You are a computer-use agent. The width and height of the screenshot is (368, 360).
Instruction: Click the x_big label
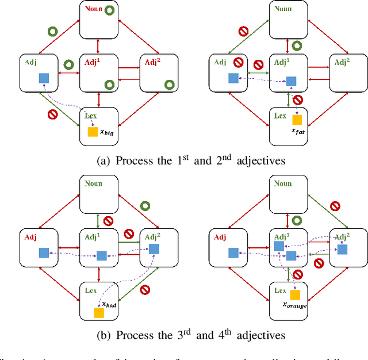click(x=106, y=132)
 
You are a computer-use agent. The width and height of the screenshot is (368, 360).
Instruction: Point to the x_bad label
click(x=109, y=305)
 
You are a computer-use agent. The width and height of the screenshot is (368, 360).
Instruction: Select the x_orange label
click(x=294, y=306)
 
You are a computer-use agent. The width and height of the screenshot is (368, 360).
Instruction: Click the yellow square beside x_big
click(x=92, y=132)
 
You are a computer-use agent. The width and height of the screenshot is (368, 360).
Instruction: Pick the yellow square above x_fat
click(x=297, y=120)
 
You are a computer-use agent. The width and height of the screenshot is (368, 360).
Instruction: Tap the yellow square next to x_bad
click(x=99, y=313)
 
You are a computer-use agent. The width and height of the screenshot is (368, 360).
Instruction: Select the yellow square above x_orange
click(x=295, y=295)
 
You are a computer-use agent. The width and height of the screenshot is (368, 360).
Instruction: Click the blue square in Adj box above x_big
click(x=43, y=78)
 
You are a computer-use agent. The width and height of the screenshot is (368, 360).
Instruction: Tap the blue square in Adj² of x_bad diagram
click(x=154, y=249)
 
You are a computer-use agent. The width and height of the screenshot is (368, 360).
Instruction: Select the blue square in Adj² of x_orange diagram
click(x=342, y=249)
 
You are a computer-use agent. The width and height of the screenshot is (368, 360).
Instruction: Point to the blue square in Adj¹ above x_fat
click(x=292, y=81)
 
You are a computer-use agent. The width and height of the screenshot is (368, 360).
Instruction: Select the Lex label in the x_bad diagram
click(x=90, y=290)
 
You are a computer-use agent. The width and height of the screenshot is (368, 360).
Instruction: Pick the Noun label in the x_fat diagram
click(x=282, y=8)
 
